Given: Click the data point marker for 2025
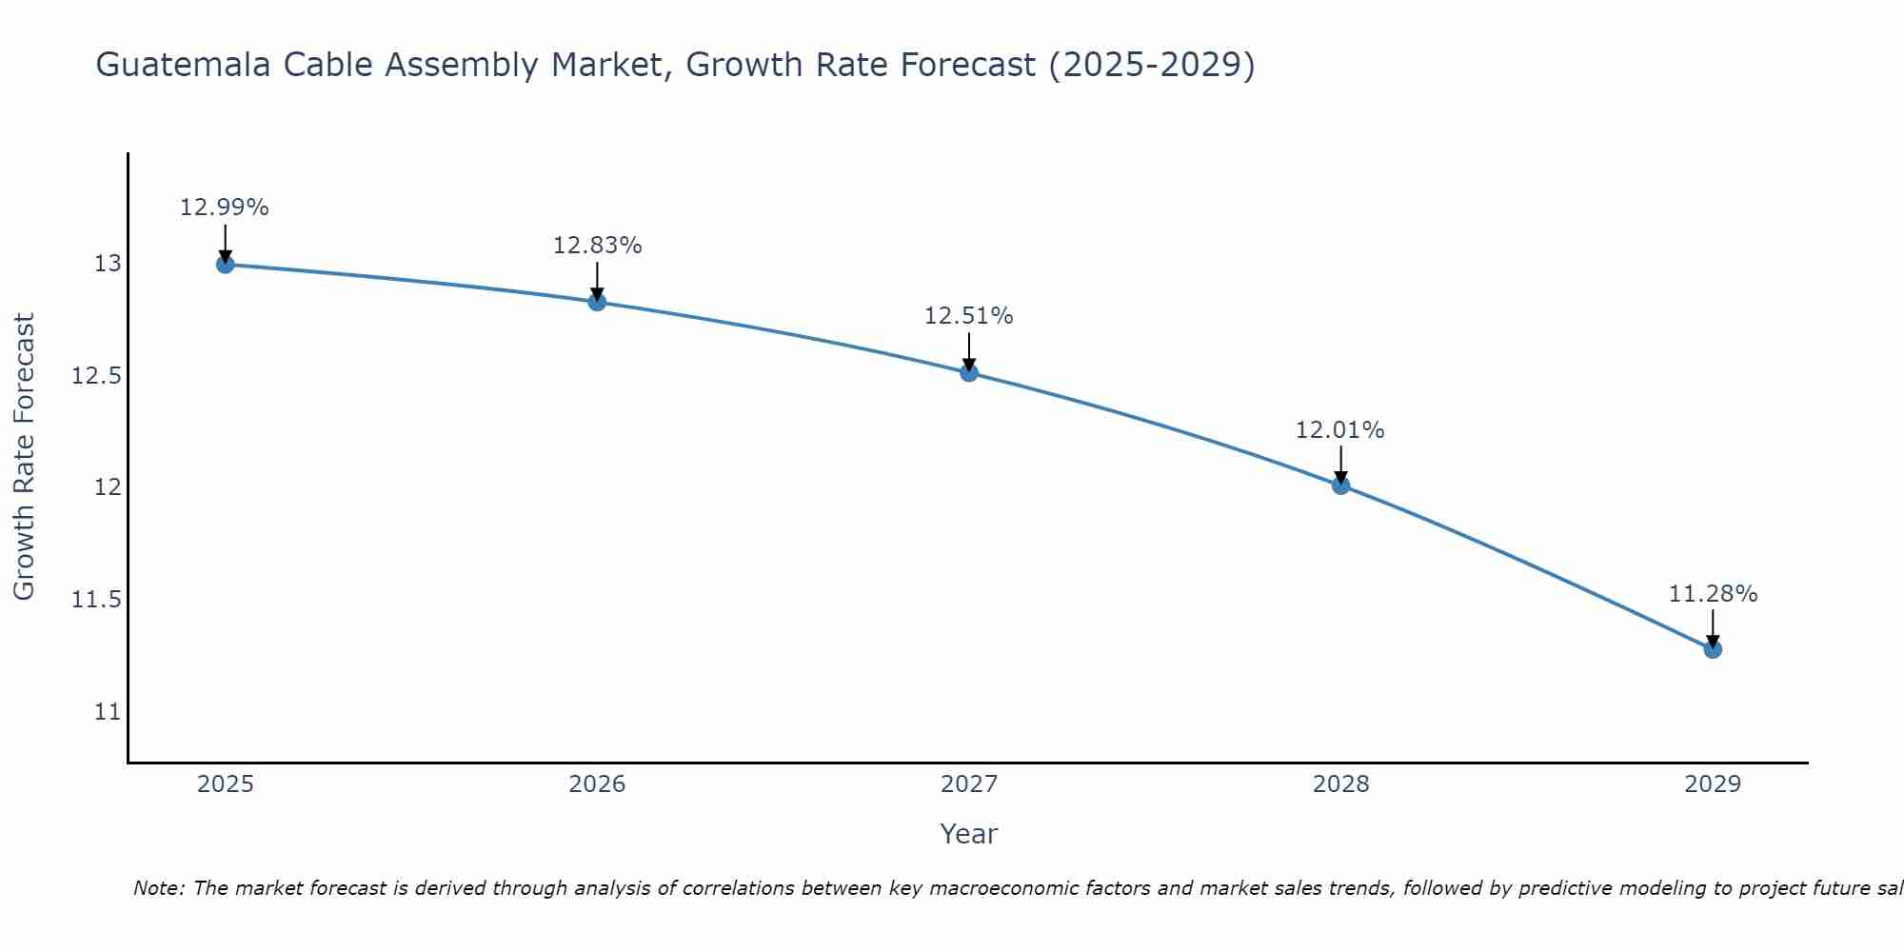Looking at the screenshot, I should [x=225, y=264].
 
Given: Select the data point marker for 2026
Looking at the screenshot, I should [x=597, y=302].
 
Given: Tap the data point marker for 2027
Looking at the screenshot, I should [x=969, y=372].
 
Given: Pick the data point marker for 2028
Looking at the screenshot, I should [x=1340, y=486].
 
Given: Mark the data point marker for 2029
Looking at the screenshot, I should [x=1713, y=649].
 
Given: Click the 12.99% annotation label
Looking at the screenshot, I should [x=225, y=208].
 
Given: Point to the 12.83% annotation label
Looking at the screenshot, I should [x=597, y=246].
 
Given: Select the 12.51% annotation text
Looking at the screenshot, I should [x=969, y=316].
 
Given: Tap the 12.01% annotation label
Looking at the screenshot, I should [x=1340, y=430].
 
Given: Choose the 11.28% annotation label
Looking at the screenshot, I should [x=1713, y=594].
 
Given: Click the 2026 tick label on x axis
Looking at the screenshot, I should [x=597, y=784].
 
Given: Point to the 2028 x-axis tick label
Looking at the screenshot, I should [x=1340, y=784].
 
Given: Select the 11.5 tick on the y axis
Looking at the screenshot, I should [x=97, y=600].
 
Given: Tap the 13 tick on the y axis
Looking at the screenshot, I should [x=108, y=264].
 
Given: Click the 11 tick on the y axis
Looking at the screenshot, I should [x=108, y=712].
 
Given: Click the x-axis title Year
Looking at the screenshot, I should [x=968, y=834].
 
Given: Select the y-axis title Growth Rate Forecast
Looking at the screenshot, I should [x=24, y=457].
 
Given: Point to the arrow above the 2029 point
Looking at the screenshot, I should [x=1713, y=628].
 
